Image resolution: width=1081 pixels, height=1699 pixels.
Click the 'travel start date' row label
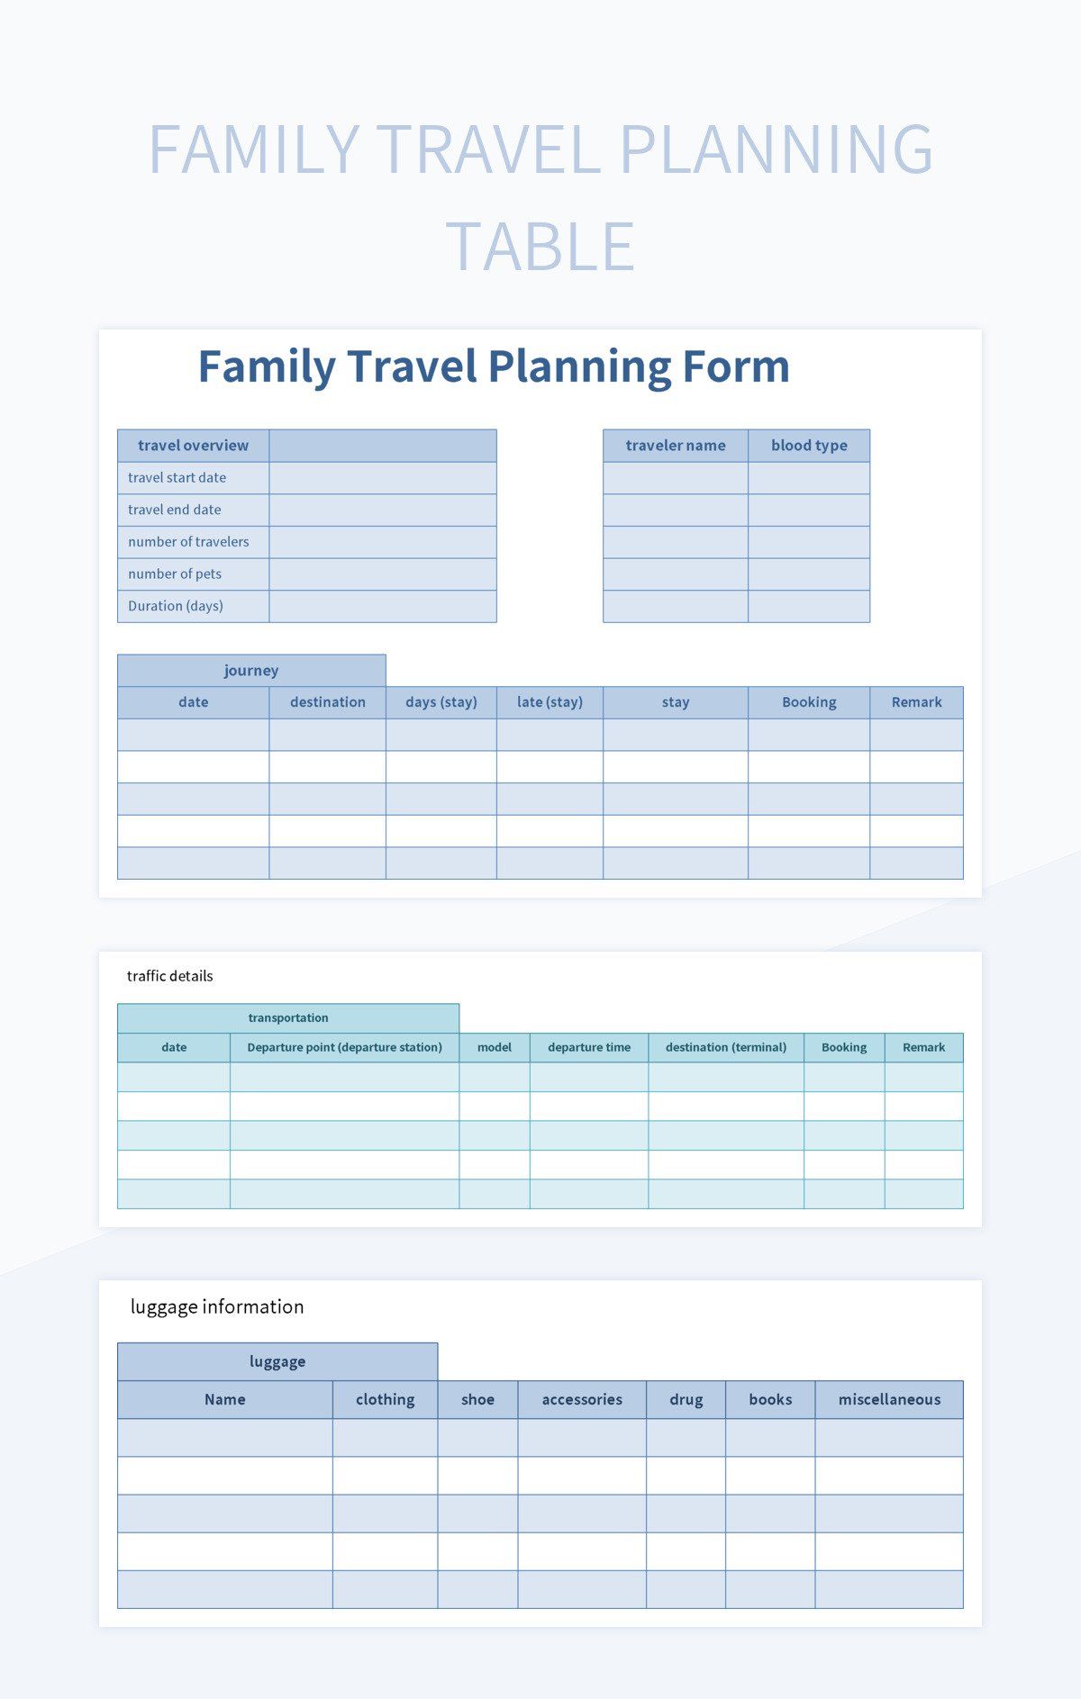(x=177, y=477)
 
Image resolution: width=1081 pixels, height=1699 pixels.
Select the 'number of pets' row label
(x=175, y=574)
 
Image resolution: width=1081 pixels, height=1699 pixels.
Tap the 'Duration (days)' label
(x=176, y=606)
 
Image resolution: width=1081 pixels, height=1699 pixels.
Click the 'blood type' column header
(x=809, y=445)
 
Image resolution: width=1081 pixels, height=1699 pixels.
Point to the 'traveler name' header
(x=676, y=445)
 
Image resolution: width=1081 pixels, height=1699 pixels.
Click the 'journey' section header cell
(x=251, y=670)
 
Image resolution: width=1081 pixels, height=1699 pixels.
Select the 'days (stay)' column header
(x=441, y=702)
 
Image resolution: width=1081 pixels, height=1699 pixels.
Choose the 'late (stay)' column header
(x=550, y=702)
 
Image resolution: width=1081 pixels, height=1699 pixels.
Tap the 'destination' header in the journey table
(x=328, y=702)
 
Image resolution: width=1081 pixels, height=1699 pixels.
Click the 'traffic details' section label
(x=170, y=976)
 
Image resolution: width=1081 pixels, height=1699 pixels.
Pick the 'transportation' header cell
(x=288, y=1017)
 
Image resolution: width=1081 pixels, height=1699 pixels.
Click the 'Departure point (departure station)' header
(x=345, y=1047)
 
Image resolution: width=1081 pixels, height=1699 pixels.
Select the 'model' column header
(x=495, y=1047)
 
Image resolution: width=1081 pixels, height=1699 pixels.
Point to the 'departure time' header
(x=589, y=1047)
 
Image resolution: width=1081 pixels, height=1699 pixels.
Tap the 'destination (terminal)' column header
(x=726, y=1047)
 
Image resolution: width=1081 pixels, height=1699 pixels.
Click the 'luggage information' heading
(x=217, y=1306)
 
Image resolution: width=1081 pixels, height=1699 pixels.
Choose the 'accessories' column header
(x=582, y=1399)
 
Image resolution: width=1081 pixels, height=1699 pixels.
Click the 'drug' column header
(x=686, y=1399)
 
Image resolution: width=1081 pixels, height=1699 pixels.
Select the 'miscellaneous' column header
(x=889, y=1399)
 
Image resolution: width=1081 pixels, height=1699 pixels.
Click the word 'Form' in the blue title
(x=736, y=366)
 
